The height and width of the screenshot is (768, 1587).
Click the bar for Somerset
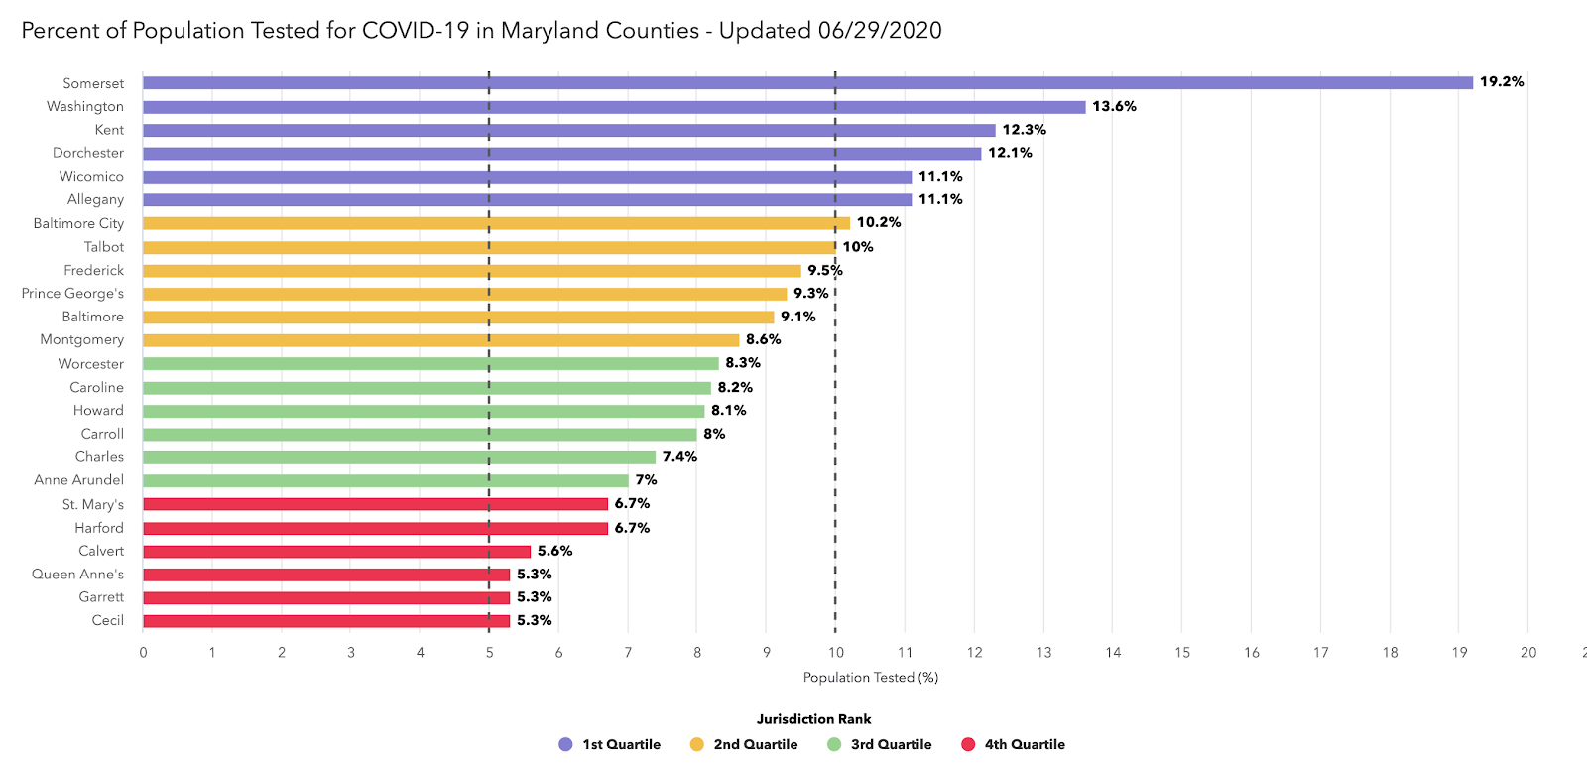(x=807, y=83)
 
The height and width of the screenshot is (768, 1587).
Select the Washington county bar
(x=614, y=107)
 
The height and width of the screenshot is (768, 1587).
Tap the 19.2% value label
(x=1502, y=82)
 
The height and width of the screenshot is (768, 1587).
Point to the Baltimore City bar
(x=496, y=223)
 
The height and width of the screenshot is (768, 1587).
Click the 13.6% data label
(x=1114, y=106)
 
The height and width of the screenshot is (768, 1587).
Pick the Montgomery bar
(x=440, y=340)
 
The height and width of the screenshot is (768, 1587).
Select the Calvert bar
(x=336, y=552)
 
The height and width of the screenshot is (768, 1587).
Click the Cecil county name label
(x=108, y=621)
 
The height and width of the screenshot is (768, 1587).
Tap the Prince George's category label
(x=72, y=294)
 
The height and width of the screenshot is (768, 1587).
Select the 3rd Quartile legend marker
(x=834, y=745)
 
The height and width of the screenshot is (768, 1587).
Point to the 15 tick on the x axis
(x=1182, y=653)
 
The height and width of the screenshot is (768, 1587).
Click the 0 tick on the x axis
(x=143, y=653)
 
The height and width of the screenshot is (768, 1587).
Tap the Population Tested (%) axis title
(x=870, y=678)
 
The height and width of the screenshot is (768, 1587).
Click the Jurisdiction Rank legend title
(x=813, y=719)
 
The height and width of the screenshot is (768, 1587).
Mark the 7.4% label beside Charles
(x=679, y=457)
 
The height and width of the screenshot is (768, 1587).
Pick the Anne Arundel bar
(x=385, y=481)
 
